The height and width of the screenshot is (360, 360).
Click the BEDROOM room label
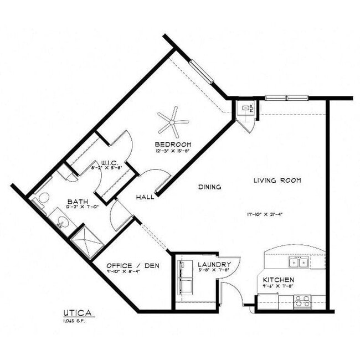click(x=172, y=145)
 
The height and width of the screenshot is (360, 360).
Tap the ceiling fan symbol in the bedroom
click(x=173, y=121)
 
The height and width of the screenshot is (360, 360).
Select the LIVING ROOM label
click(x=277, y=181)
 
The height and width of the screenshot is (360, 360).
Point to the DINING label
click(x=209, y=187)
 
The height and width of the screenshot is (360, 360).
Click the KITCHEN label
click(x=279, y=280)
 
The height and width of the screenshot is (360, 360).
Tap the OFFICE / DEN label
click(x=132, y=266)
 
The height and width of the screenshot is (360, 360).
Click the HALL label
click(x=145, y=197)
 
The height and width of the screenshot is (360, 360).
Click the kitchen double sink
click(x=300, y=262)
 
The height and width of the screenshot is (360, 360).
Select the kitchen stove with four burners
click(x=302, y=301)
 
